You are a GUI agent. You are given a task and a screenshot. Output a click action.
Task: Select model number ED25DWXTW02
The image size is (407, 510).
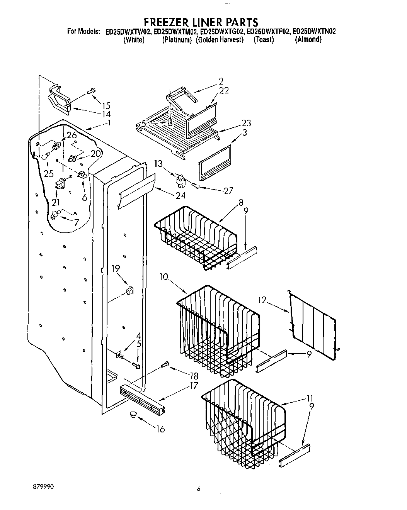coord(128,32)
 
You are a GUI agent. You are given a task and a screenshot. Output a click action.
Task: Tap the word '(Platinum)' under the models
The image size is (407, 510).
coord(177,40)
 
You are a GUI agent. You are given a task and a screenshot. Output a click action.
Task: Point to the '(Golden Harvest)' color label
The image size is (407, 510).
coord(220,40)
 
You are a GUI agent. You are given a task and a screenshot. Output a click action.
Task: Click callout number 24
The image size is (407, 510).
coord(180,195)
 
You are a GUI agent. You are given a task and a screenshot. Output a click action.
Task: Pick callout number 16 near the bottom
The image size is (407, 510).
coord(160,429)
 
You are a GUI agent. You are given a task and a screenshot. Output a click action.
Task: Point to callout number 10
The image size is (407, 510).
coord(163,276)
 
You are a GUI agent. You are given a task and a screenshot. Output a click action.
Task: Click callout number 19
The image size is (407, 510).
coord(116,269)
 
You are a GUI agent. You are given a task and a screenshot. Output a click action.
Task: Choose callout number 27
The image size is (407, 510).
coord(228,190)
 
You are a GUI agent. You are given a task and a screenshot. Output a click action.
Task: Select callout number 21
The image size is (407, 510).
coord(56,202)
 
